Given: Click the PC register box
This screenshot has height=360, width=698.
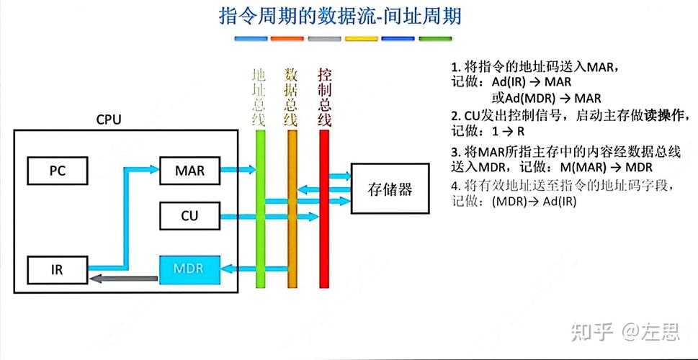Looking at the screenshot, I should (57, 171).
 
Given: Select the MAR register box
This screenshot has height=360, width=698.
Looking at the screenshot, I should (189, 171).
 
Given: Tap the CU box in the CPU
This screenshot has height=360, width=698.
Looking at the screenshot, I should (189, 215).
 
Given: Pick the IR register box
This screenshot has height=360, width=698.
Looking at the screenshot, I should (57, 269).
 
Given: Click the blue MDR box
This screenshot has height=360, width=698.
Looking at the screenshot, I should (189, 269).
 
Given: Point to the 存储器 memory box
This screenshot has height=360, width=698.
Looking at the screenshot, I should (390, 189).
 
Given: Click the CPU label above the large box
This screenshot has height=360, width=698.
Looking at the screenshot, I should (109, 120).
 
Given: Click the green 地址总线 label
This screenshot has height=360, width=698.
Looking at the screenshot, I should (259, 97).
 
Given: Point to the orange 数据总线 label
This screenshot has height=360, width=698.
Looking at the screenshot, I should (291, 97).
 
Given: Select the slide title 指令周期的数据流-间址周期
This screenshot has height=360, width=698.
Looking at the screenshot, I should (340, 17).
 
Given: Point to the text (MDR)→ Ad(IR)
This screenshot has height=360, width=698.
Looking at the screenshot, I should (534, 202).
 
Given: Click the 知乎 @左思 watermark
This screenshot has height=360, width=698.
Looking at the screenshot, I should (624, 332).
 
